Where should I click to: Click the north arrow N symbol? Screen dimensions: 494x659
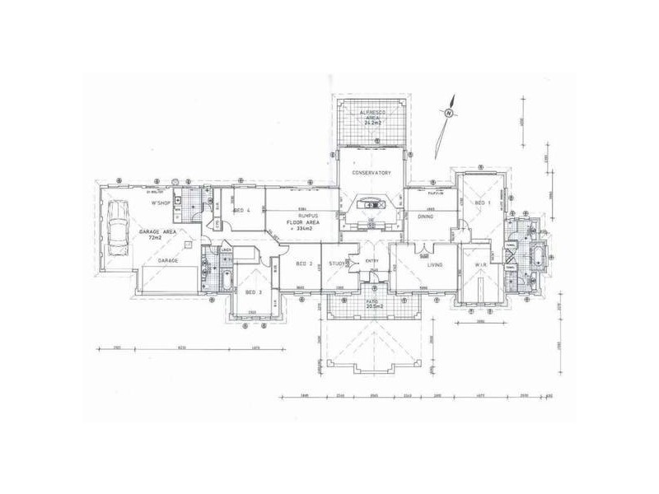click(449, 113)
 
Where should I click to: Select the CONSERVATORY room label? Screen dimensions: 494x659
click(371, 173)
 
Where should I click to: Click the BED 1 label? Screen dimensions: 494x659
click(481, 203)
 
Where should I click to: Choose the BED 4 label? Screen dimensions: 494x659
click(242, 211)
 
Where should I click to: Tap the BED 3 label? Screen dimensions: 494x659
click(253, 292)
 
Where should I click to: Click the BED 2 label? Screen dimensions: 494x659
click(303, 263)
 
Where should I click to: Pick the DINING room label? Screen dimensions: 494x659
click(426, 217)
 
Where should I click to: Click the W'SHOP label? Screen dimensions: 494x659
click(159, 203)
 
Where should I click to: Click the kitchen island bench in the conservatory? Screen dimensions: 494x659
click(372, 205)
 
